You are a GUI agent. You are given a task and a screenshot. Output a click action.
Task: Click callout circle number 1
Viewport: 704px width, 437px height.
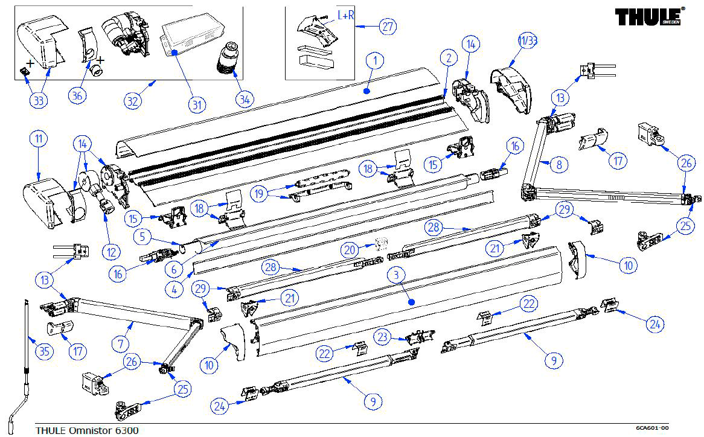click(375, 61)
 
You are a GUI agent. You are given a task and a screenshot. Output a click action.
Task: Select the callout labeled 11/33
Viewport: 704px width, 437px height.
click(527, 42)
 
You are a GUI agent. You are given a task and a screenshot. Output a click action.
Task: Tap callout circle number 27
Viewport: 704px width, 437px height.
click(387, 26)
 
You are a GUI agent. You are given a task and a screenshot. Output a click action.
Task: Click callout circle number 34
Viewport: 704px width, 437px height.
click(244, 100)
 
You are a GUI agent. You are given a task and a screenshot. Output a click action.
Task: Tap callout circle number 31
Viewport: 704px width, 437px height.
click(196, 105)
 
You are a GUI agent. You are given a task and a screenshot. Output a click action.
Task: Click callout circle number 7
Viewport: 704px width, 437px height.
click(121, 345)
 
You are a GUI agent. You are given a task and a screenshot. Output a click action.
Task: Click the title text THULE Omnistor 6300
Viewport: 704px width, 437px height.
click(87, 430)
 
